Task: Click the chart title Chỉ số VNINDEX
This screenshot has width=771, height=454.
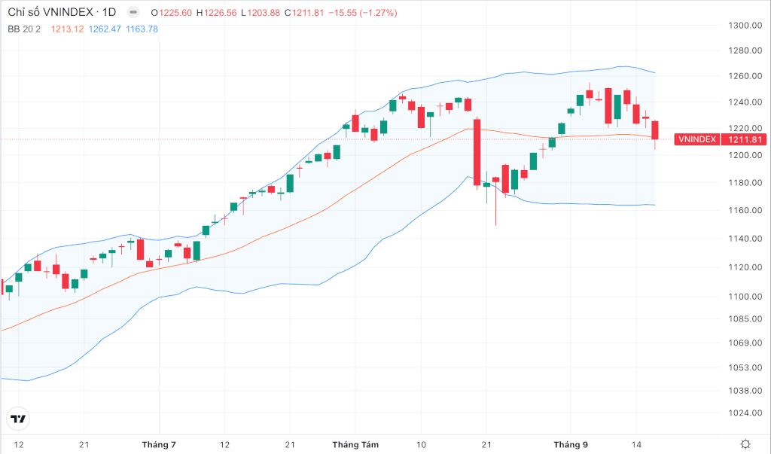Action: tap(50, 12)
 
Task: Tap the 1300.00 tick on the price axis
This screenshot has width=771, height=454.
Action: tap(745, 25)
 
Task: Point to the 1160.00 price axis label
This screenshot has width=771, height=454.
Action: tap(745, 210)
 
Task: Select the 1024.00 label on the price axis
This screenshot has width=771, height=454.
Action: tap(745, 413)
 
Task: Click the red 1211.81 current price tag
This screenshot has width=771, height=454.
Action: tap(745, 139)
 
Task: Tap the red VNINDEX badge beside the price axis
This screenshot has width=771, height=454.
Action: tap(696, 139)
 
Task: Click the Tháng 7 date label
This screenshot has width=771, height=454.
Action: tap(159, 445)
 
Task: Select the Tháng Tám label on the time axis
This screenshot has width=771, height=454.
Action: tap(355, 445)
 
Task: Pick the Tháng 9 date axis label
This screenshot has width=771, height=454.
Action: tap(571, 445)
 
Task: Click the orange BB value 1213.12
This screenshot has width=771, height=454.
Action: tap(67, 29)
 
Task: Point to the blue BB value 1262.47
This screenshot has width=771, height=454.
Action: tap(105, 29)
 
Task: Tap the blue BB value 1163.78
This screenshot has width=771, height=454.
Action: tap(142, 29)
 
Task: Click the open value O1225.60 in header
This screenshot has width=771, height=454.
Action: tap(171, 13)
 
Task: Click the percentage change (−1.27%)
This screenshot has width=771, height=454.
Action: tap(379, 13)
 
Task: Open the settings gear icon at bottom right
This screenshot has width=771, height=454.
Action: tap(745, 444)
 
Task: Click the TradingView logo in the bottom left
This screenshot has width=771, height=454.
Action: tap(18, 419)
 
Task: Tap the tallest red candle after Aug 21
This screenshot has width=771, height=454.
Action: tap(477, 152)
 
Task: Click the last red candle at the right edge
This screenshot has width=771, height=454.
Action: tap(655, 129)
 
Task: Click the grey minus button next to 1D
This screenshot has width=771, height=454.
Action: tap(133, 12)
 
